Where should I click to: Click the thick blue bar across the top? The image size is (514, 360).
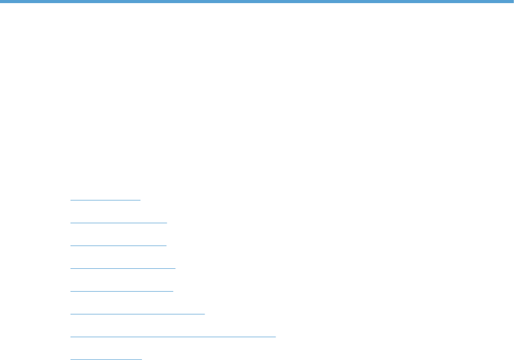pyautogui.click(x=257, y=2)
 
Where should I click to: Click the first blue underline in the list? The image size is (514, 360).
pyautogui.click(x=105, y=199)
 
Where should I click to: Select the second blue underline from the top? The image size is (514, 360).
pyautogui.click(x=119, y=222)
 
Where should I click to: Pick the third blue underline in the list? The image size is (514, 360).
pyautogui.click(x=118, y=245)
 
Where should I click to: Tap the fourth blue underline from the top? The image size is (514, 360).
pyautogui.click(x=123, y=268)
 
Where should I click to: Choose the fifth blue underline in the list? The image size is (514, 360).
pyautogui.click(x=121, y=291)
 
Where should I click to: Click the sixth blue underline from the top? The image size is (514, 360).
pyautogui.click(x=137, y=313)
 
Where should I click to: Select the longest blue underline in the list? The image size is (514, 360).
pyautogui.click(x=173, y=336)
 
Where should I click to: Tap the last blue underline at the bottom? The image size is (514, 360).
pyautogui.click(x=106, y=358)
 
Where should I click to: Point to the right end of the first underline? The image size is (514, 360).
pyautogui.click(x=140, y=199)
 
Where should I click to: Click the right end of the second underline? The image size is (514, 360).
pyautogui.click(x=167, y=222)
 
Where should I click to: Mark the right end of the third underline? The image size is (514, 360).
pyautogui.click(x=166, y=245)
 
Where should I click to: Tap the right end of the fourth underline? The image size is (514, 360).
pyautogui.click(x=176, y=268)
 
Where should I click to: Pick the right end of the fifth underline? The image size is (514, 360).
pyautogui.click(x=173, y=291)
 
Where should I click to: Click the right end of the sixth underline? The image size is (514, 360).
pyautogui.click(x=205, y=313)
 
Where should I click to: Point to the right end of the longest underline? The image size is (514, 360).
pyautogui.click(x=275, y=336)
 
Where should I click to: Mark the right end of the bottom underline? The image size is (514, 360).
pyautogui.click(x=141, y=358)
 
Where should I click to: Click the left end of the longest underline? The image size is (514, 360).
pyautogui.click(x=70, y=336)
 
